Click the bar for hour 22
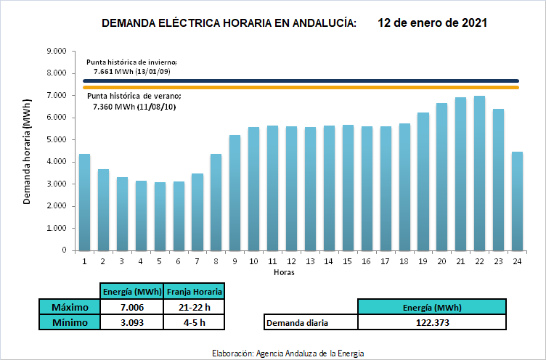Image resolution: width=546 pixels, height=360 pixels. click(x=479, y=173)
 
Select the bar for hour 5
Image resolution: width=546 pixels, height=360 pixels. click(x=160, y=216)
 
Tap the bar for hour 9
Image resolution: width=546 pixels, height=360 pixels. click(x=235, y=193)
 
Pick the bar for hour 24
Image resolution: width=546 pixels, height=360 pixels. click(x=517, y=201)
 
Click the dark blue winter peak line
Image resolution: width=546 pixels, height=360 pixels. click(x=301, y=81)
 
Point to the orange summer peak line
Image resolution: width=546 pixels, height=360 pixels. click(x=301, y=87)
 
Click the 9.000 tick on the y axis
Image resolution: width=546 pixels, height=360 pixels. click(x=56, y=52)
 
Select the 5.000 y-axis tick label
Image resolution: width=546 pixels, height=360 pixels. click(x=56, y=139)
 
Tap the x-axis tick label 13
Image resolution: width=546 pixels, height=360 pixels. click(x=310, y=261)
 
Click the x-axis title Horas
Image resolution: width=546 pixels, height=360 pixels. click(x=284, y=272)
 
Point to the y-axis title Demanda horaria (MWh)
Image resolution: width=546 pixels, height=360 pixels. click(x=27, y=152)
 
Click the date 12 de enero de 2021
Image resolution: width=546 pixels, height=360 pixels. click(x=432, y=23)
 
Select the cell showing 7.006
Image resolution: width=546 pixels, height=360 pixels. click(x=132, y=307)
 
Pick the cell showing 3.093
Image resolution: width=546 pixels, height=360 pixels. click(x=132, y=322)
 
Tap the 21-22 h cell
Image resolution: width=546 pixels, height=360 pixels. click(x=195, y=307)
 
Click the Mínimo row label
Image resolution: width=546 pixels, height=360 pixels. click(x=70, y=322)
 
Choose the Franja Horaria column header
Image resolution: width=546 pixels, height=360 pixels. click(x=195, y=292)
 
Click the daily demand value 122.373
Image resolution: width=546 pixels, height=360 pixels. click(x=432, y=322)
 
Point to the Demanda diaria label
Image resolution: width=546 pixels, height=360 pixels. click(x=297, y=323)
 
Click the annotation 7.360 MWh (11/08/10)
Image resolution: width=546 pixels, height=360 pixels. click(x=134, y=107)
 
